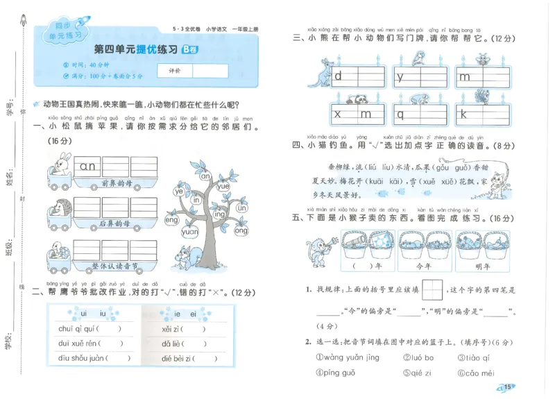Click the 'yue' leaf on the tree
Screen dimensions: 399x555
click(223, 186)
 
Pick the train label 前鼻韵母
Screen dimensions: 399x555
click(116, 182)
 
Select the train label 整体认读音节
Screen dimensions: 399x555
click(116, 265)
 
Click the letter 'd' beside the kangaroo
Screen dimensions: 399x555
click(339, 76)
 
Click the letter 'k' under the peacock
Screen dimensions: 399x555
click(463, 114)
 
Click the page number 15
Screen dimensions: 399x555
click(509, 387)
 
